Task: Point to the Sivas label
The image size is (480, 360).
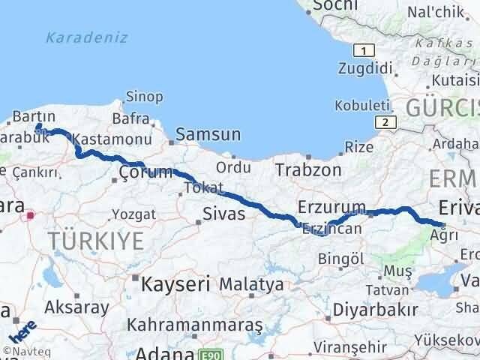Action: point(224,215)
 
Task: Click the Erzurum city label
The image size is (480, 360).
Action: point(331,206)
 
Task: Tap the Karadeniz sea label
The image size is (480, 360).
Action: point(86,37)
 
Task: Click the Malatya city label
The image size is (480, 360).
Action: point(252,285)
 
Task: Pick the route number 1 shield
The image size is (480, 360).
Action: point(364,50)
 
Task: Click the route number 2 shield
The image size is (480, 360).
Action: point(385,121)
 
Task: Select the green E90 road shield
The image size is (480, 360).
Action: point(209,352)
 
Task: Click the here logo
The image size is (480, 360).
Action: point(22,329)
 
